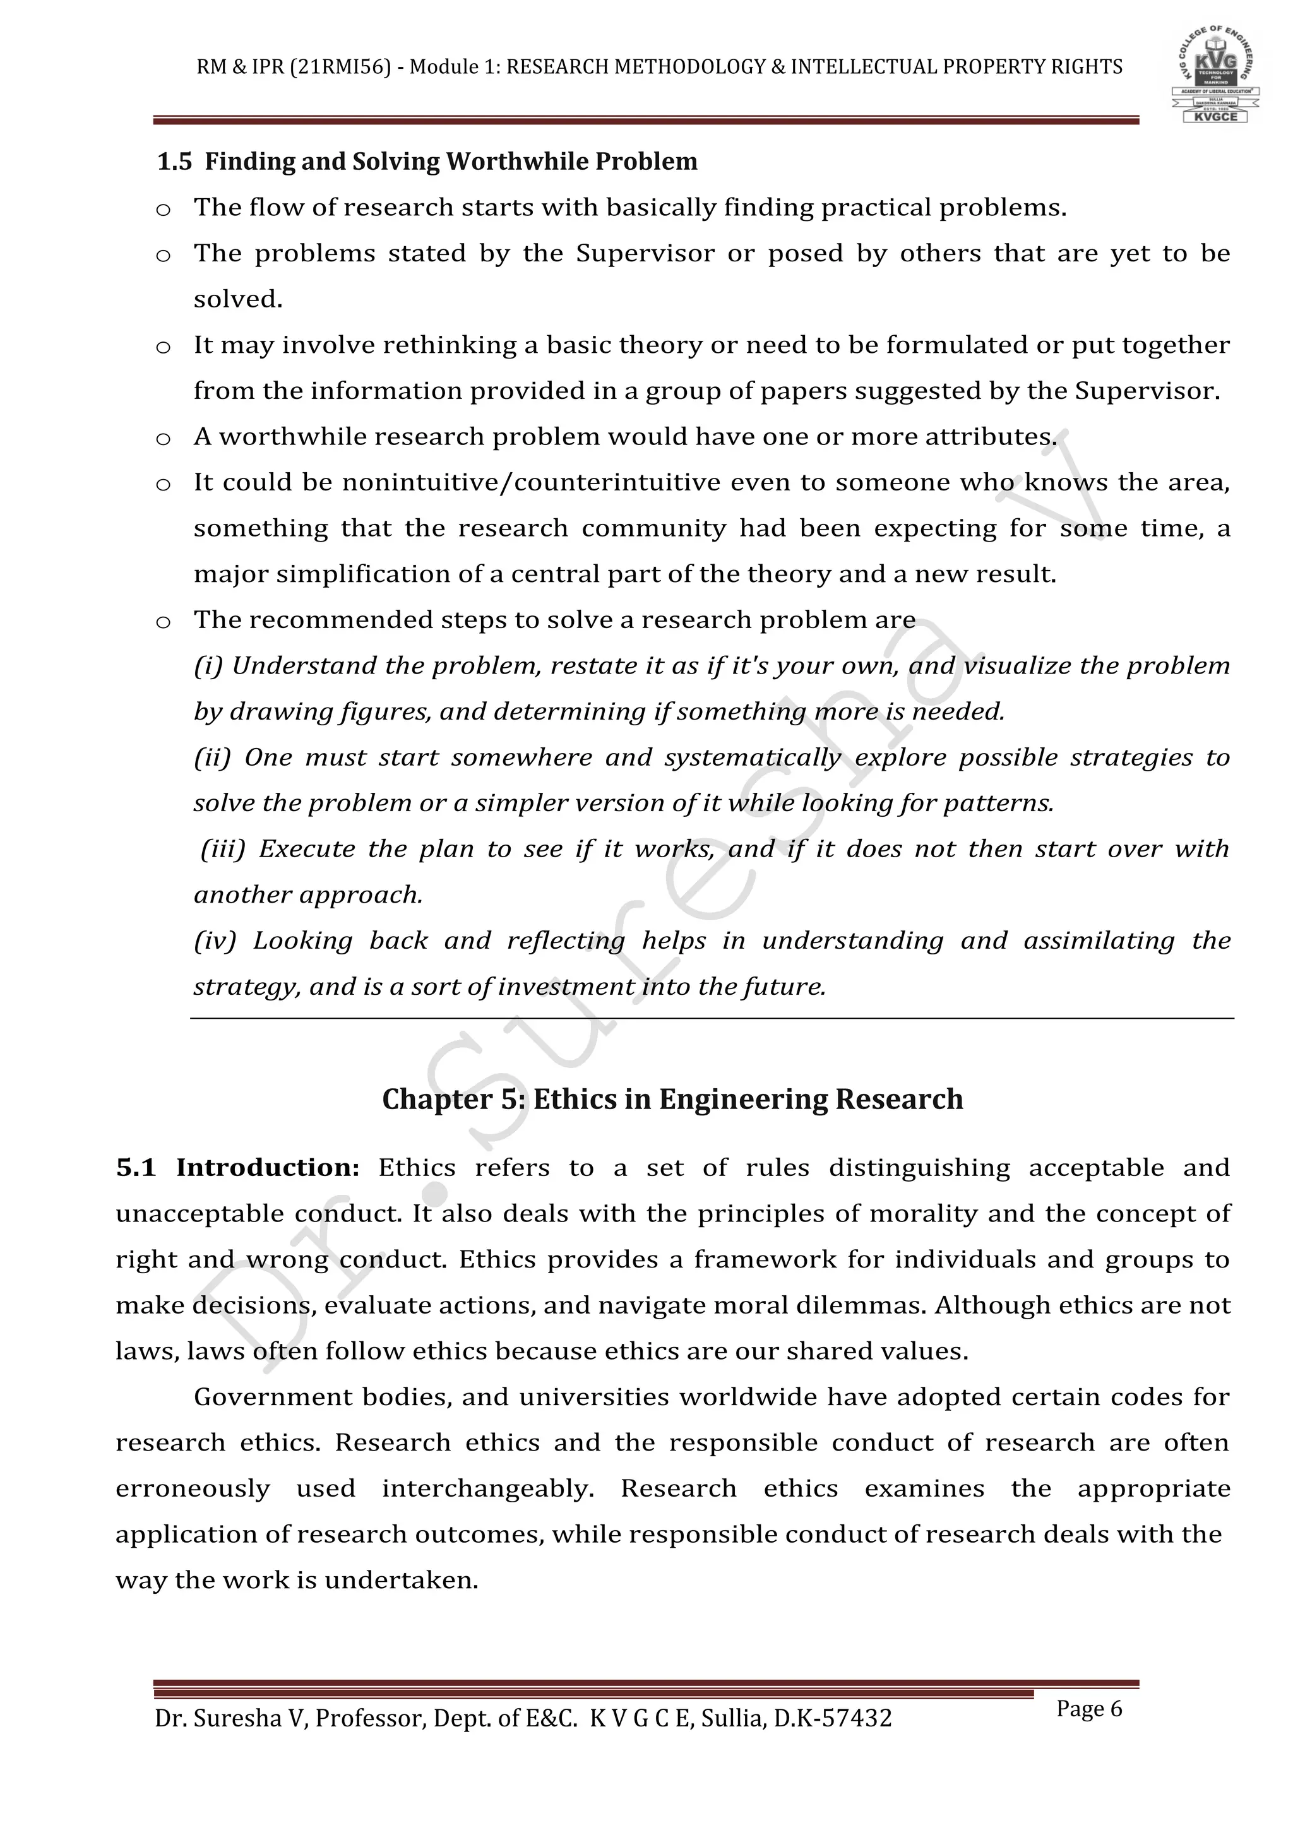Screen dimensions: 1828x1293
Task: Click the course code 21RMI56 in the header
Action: [x=341, y=67]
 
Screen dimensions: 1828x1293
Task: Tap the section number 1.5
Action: [x=174, y=162]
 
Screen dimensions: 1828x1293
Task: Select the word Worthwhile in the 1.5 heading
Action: [x=516, y=162]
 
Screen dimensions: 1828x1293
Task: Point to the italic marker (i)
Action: [x=208, y=665]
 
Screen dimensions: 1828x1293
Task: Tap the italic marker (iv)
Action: [x=215, y=941]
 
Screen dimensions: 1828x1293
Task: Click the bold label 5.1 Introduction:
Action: [x=237, y=1168]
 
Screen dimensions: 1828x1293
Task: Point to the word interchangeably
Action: [x=487, y=1489]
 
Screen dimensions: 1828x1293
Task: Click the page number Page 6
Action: [x=1088, y=1709]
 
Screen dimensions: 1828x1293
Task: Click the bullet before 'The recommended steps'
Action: [x=164, y=622]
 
